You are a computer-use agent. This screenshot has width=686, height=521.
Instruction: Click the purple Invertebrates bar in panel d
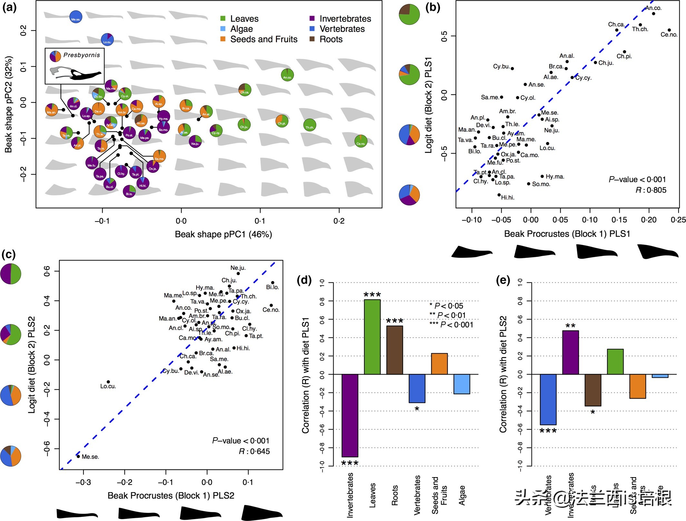pyautogui.click(x=350, y=415)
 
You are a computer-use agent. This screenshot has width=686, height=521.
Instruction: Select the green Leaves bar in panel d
pyautogui.click(x=372, y=337)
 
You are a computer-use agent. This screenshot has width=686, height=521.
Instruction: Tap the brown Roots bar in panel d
pyautogui.click(x=395, y=350)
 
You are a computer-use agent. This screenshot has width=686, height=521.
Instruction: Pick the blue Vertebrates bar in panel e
pyautogui.click(x=548, y=399)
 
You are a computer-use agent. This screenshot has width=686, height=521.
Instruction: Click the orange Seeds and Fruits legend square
pyautogui.click(x=223, y=39)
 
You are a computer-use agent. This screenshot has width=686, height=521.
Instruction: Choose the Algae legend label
pyautogui.click(x=241, y=29)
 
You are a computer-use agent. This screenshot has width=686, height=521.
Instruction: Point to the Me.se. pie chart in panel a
pyautogui.click(x=76, y=17)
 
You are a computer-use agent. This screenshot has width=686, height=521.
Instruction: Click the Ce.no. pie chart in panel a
pyautogui.click(x=361, y=141)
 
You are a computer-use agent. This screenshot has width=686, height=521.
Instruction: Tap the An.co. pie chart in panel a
pyautogui.click(x=287, y=75)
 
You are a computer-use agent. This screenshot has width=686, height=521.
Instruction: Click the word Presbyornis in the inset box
pyautogui.click(x=82, y=55)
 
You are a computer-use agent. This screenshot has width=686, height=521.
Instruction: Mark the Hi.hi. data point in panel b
pyautogui.click(x=499, y=195)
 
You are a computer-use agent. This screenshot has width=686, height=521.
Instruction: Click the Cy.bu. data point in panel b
pyautogui.click(x=512, y=69)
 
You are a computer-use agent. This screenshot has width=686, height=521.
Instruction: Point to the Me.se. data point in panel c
pyautogui.click(x=78, y=456)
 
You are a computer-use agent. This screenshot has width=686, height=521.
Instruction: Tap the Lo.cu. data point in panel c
pyautogui.click(x=108, y=382)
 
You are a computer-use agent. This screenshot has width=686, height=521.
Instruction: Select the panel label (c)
pyautogui.click(x=8, y=255)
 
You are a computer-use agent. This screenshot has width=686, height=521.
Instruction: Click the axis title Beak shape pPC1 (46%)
pyautogui.click(x=223, y=234)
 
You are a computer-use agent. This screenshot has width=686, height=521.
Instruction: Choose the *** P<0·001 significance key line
pyautogui.click(x=451, y=325)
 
